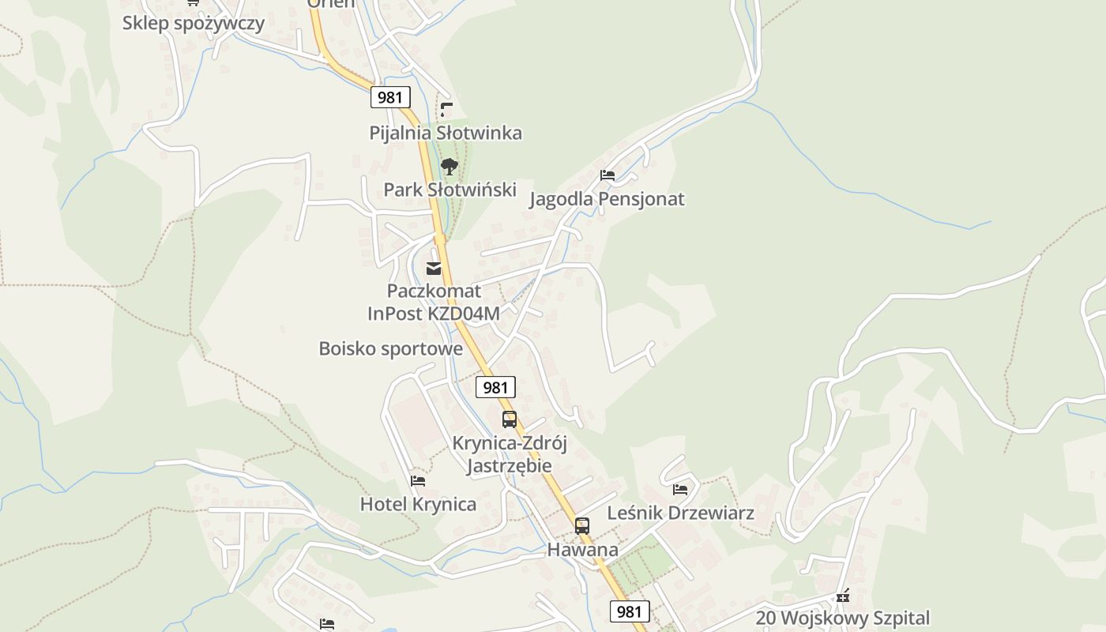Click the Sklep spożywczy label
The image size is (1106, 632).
pyautogui.click(x=193, y=23)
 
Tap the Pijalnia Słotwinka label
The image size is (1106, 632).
pyautogui.click(x=446, y=133)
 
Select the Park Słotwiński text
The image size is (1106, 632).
pyautogui.click(x=450, y=190)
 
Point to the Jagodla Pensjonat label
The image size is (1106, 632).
pyautogui.click(x=606, y=199)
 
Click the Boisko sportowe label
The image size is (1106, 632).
pyautogui.click(x=390, y=348)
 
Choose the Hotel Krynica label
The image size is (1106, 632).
pyautogui.click(x=418, y=504)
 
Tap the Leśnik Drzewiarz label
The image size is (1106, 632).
pyautogui.click(x=680, y=513)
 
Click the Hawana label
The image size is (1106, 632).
pyautogui.click(x=582, y=549)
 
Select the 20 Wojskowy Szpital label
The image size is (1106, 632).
pyautogui.click(x=842, y=618)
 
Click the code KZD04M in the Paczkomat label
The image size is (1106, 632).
pyautogui.click(x=464, y=314)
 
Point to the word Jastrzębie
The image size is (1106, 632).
pyautogui.click(x=509, y=465)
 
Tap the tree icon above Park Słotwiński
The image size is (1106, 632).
pyautogui.click(x=450, y=167)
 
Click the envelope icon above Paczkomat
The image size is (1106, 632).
pyautogui.click(x=434, y=269)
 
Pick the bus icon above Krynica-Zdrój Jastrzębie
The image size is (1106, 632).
pyautogui.click(x=510, y=419)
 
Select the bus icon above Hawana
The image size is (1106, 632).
pyautogui.click(x=582, y=526)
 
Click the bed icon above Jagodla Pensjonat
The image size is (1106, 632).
pyautogui.click(x=607, y=175)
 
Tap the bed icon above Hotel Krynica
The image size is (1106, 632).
pyautogui.click(x=418, y=480)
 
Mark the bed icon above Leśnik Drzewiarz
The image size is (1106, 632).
pyautogui.click(x=680, y=490)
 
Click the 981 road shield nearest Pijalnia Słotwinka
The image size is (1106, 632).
pyautogui.click(x=390, y=97)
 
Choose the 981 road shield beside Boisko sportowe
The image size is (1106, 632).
pyautogui.click(x=495, y=387)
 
